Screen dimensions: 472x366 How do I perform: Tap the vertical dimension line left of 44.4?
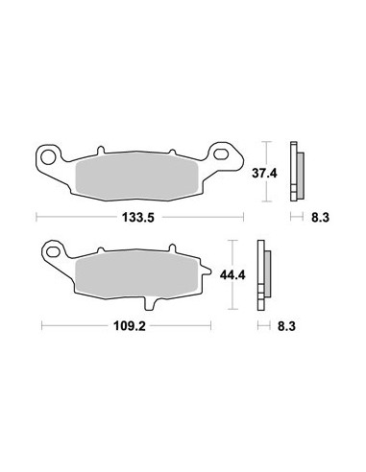236,274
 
